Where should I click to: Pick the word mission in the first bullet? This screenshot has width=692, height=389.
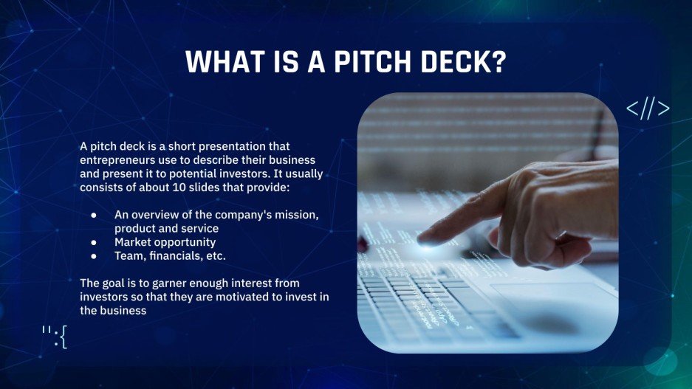(x=298, y=215)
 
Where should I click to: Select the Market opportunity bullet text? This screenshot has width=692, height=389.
(x=165, y=242)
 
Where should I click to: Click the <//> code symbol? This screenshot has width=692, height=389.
(x=648, y=109)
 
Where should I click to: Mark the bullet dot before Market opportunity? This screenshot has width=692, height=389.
(x=94, y=242)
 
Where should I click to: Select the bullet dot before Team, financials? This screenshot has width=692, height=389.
(x=94, y=256)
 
